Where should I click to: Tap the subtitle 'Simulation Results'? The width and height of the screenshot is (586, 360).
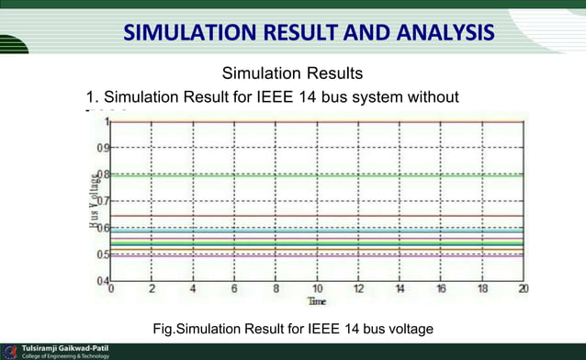293,73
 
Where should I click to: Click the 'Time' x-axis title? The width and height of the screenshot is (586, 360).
316,300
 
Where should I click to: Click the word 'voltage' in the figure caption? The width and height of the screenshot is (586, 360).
409,329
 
